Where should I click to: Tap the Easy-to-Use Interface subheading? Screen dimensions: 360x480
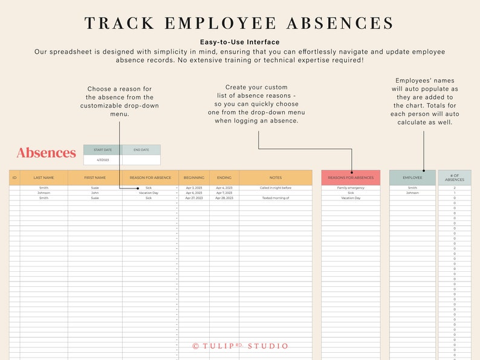coord(240,42)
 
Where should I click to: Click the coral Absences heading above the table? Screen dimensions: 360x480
coord(46,153)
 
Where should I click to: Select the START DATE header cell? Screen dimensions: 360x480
coord(103,150)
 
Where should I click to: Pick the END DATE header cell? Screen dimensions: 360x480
coord(141,150)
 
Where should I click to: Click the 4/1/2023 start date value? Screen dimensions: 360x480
coord(103,160)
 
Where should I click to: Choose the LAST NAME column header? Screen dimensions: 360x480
coord(44,178)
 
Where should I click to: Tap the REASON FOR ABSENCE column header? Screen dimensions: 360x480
coord(150,178)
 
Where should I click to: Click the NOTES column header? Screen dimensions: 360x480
coord(276,178)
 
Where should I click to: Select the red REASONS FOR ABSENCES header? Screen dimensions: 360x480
coord(351,178)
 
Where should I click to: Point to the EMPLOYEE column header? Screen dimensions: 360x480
coord(412,178)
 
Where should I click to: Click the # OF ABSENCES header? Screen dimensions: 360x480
coord(455,178)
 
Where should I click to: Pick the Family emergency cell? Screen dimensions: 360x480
coord(351,188)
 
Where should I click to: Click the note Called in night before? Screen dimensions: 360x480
coord(276,188)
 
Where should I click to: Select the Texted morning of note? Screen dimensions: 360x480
coord(276,198)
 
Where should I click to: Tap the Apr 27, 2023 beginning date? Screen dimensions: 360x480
coord(194,198)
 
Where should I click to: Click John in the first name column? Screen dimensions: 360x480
coord(95,193)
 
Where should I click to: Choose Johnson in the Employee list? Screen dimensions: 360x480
coord(412,193)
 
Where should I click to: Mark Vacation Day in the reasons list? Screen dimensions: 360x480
coord(351,198)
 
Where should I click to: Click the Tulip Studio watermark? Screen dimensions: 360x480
coord(240,346)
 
